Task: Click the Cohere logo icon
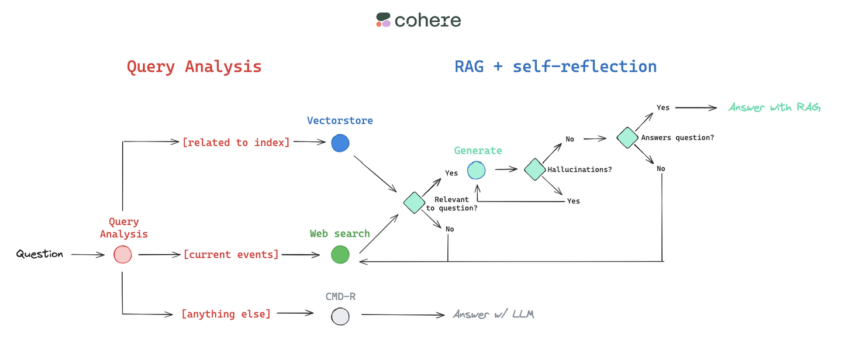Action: [x=384, y=20]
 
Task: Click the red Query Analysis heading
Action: [x=194, y=67]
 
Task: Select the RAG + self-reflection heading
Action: [x=555, y=67]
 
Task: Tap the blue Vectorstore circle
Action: [x=340, y=143]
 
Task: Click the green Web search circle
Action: [x=340, y=255]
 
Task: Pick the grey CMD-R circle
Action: [x=340, y=316]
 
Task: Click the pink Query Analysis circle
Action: [x=123, y=255]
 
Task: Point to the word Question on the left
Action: [x=40, y=254]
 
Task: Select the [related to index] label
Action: [x=236, y=143]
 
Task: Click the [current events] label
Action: [x=231, y=255]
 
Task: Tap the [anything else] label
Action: [x=226, y=314]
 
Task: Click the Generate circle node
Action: [x=477, y=170]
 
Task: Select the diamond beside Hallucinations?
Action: [x=534, y=169]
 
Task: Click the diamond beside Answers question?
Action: [x=627, y=138]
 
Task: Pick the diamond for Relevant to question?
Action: [x=414, y=202]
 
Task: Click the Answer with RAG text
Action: [x=774, y=108]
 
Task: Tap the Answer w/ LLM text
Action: [x=494, y=314]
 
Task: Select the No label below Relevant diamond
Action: [x=449, y=229]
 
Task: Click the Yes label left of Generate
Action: [x=451, y=173]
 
